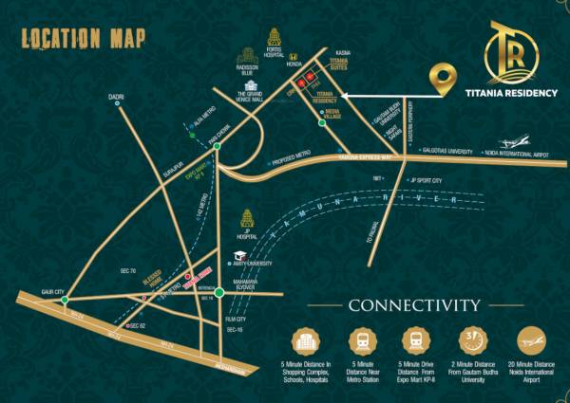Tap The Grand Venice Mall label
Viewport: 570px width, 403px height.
point(254,97)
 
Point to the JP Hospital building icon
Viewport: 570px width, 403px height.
point(249,218)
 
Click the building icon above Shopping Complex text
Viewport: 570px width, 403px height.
point(308,340)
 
